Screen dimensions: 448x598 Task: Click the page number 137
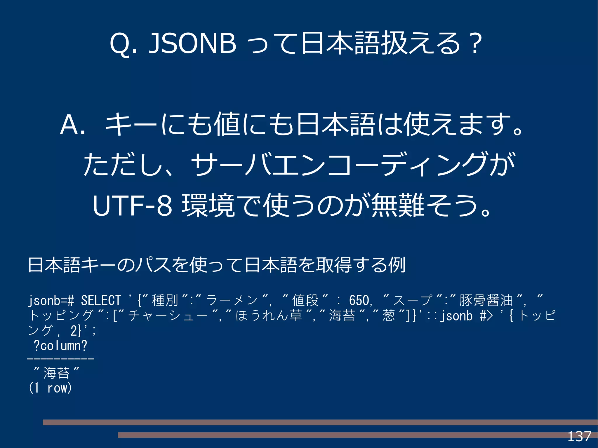[x=579, y=437]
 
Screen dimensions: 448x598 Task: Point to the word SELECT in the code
[x=101, y=300]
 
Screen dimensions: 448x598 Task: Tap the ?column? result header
[x=60, y=346]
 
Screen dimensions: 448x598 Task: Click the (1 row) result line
[x=50, y=388]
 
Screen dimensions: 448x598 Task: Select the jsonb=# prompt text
[x=51, y=300]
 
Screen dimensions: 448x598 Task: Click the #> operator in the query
[x=486, y=316]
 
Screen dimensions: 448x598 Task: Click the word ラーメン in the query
[x=232, y=300]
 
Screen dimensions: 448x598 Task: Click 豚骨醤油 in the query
[x=486, y=300]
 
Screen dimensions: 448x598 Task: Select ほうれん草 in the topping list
[x=269, y=316]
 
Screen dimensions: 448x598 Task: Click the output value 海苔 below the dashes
[x=56, y=373]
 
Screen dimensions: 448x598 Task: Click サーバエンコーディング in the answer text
[x=339, y=165]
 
